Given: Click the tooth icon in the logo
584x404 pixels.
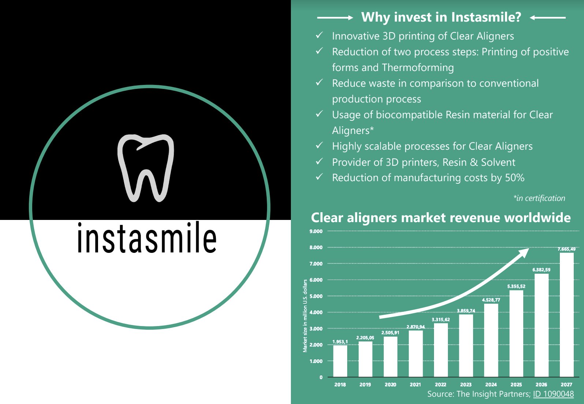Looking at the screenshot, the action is [x=146, y=168].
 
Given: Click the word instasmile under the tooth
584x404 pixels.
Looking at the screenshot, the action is [x=147, y=237].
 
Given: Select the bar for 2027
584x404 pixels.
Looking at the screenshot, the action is [x=566, y=315].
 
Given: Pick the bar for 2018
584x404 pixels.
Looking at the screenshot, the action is [x=340, y=361].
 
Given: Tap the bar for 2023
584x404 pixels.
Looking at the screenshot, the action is [x=466, y=345].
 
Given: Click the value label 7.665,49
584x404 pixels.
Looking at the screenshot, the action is [x=566, y=249].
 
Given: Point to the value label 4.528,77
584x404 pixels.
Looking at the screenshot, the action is [x=491, y=300].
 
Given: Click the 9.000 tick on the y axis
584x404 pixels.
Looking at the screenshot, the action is [x=316, y=231].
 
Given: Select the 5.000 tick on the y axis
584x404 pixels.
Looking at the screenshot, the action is [x=316, y=296].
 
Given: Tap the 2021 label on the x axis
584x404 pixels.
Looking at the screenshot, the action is [x=415, y=385].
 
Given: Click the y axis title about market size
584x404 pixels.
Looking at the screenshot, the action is [x=305, y=316].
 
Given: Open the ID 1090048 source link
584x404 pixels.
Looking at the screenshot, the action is [x=553, y=394].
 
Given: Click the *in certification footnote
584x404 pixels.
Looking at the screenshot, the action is [x=539, y=198].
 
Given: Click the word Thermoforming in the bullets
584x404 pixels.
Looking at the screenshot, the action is [x=418, y=68].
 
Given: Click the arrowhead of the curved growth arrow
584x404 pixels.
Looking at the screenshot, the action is [x=524, y=252].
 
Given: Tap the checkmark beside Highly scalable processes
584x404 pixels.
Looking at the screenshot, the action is [x=319, y=146].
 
